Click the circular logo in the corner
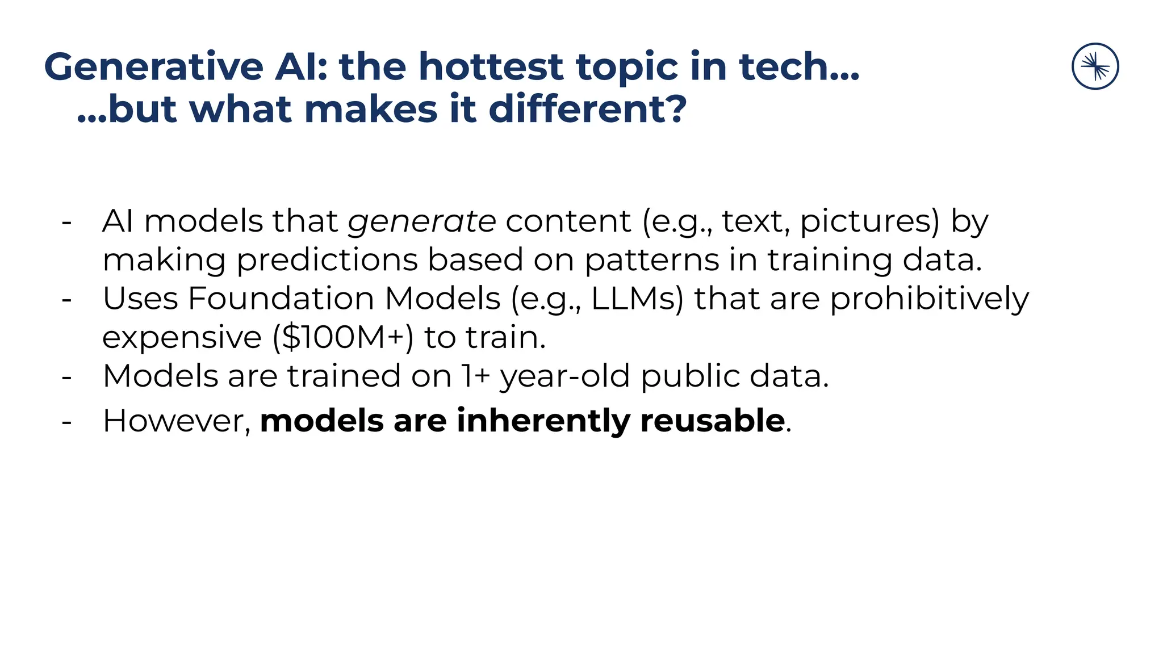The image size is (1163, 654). (1095, 66)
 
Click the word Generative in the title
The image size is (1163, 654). (153, 67)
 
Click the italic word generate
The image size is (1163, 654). (422, 221)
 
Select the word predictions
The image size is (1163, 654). (327, 260)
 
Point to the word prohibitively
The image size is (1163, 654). (929, 299)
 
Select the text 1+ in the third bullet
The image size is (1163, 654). (475, 376)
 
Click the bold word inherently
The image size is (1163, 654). (543, 421)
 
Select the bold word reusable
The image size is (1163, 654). (712, 421)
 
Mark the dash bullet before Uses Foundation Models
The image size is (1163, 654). (66, 299)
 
